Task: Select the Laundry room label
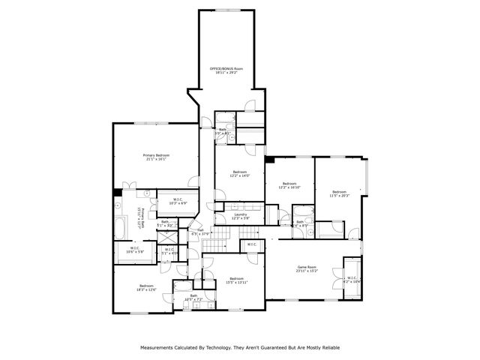pyautogui.click(x=241, y=214)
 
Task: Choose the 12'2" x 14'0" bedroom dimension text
pyautogui.click(x=240, y=175)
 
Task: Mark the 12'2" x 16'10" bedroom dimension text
pyautogui.click(x=289, y=187)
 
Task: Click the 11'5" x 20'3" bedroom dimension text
pyautogui.click(x=340, y=195)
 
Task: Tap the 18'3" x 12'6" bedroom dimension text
pyautogui.click(x=146, y=289)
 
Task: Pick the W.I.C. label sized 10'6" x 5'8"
pyautogui.click(x=132, y=252)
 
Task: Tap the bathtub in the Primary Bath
pyautogui.click(x=121, y=224)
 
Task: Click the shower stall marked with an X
pyautogui.click(x=166, y=237)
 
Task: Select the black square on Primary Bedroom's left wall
pyautogui.click(x=117, y=193)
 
